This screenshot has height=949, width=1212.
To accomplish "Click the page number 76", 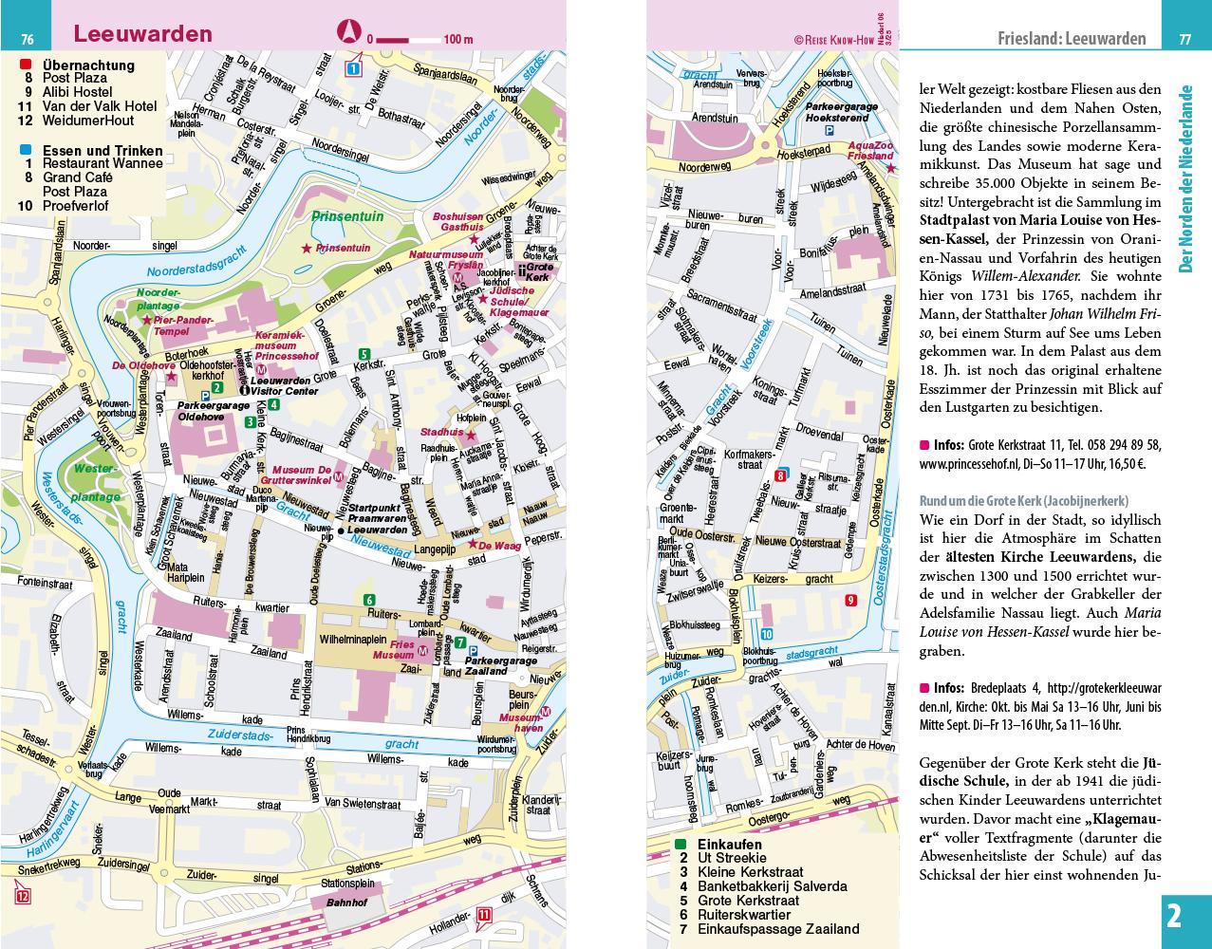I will coord(28,39).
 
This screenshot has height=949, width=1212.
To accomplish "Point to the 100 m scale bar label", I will coord(457,39).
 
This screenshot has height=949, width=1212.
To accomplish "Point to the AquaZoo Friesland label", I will coord(869,151).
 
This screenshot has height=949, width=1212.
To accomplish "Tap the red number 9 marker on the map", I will coord(850,599).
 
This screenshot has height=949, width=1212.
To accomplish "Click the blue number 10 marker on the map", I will coord(767,634).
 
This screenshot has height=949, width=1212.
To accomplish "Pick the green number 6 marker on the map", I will coord(368,599).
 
